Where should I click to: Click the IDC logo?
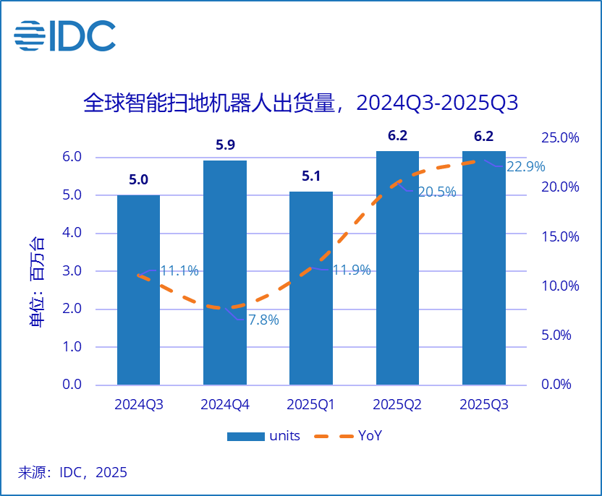[65, 35]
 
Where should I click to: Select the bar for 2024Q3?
[138, 289]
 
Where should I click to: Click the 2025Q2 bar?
[397, 268]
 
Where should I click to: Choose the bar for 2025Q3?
[483, 268]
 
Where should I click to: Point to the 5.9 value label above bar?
[225, 145]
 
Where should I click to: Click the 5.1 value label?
[311, 176]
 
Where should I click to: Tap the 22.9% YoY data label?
[525, 167]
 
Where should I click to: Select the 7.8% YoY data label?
[263, 320]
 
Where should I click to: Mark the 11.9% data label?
[351, 270]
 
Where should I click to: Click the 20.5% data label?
[436, 192]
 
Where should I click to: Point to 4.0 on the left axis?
[72, 234]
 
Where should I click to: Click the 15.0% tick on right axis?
[561, 236]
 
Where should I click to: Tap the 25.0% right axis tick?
[561, 137]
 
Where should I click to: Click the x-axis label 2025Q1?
[311, 405]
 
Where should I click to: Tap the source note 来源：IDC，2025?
[72, 473]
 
